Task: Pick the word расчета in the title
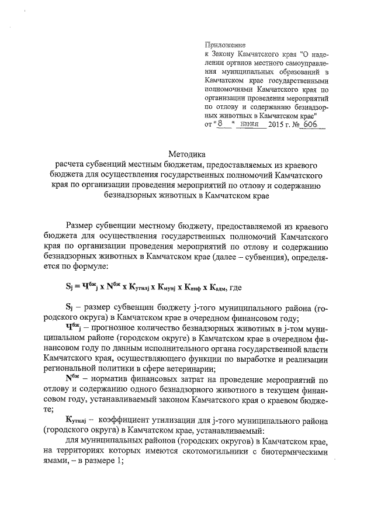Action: pos(68,166)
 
